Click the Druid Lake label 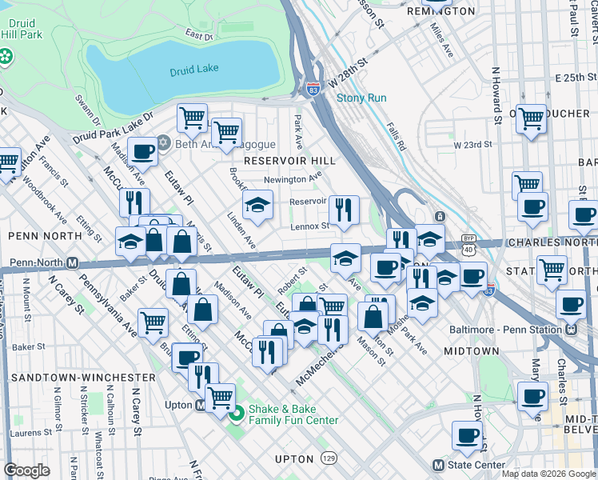point(193,71)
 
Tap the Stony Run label point(361,98)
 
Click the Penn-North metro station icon point(72,262)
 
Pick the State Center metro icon point(437,465)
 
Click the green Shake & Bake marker point(236,414)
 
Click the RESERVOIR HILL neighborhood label point(289,161)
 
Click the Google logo point(26,470)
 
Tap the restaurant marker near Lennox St point(344,210)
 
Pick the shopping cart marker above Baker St point(153,322)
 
